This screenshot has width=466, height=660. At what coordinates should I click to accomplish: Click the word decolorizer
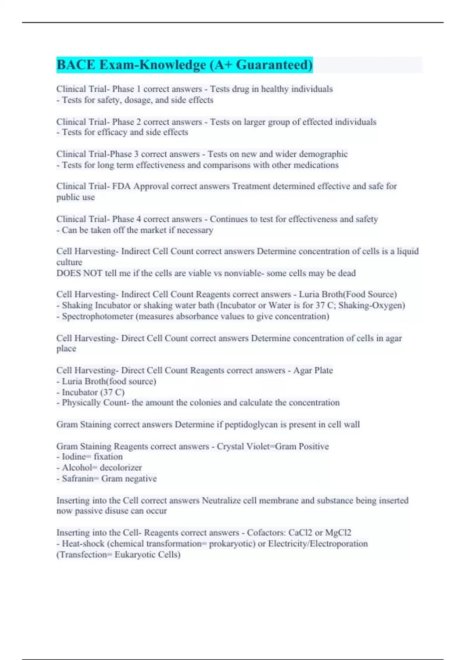121,467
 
